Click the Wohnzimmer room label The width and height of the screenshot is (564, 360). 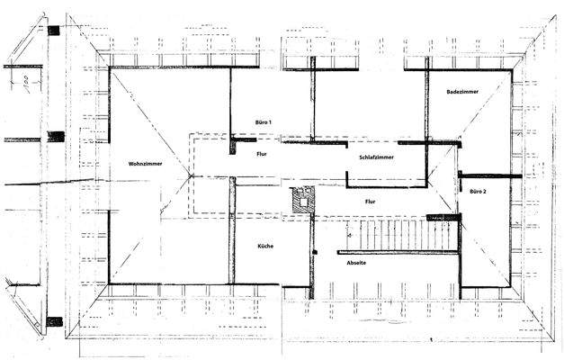coord(146,164)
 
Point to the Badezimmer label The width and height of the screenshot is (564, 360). coord(461,93)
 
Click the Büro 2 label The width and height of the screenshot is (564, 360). coord(477,191)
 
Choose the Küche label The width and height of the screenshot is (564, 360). coord(264,247)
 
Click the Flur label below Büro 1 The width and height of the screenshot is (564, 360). coord(261,154)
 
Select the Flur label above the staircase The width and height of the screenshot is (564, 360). coord(370,202)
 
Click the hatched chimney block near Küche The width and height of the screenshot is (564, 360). coord(303,198)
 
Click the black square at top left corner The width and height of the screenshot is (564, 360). coord(55,30)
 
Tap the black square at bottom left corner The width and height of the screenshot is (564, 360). coord(55,321)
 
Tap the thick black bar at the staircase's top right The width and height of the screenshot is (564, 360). coord(443,217)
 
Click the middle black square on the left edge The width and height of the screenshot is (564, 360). coord(56,137)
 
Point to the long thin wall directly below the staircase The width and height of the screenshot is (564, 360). coord(400,253)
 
